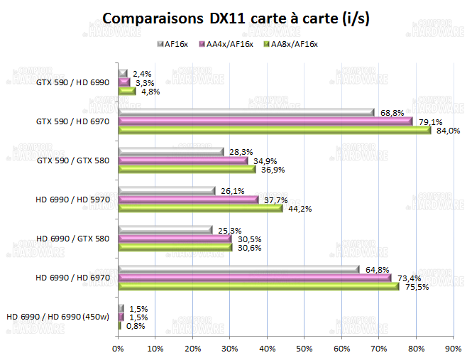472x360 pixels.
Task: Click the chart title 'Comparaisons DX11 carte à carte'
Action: (x=236, y=18)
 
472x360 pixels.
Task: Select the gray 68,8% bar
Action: (x=246, y=113)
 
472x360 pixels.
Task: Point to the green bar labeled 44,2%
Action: (x=200, y=208)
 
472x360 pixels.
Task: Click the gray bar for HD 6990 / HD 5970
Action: (x=166, y=191)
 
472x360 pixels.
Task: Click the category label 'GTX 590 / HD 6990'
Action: (x=72, y=82)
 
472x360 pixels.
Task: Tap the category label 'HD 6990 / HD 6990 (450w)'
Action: (x=58, y=317)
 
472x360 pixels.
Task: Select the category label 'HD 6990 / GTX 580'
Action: (x=72, y=239)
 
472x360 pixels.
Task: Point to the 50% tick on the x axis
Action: (x=304, y=348)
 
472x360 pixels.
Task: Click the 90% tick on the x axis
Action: (x=453, y=348)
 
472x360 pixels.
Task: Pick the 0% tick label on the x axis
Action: (x=118, y=348)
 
